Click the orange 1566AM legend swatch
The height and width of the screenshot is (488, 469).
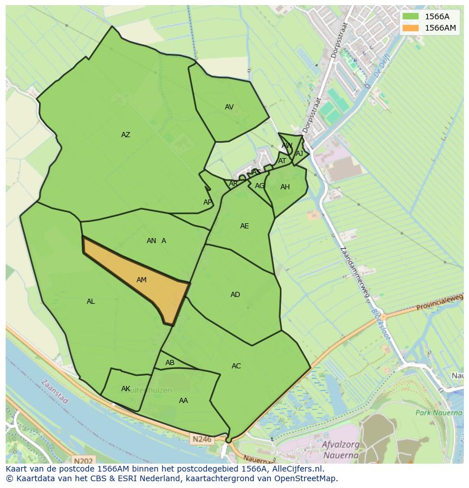[411, 28]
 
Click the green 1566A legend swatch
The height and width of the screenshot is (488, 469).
[411, 16]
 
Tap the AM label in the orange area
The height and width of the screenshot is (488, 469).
[142, 280]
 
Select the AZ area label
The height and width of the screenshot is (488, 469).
[126, 135]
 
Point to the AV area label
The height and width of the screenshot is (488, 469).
[229, 107]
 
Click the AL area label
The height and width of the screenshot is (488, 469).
[91, 302]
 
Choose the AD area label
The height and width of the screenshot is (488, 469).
[235, 295]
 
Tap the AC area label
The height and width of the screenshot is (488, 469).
[236, 366]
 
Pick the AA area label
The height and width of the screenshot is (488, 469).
[184, 401]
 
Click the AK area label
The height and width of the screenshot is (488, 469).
[126, 389]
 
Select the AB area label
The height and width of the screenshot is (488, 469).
[170, 363]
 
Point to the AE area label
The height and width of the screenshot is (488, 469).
[244, 226]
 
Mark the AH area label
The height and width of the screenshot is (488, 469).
[285, 188]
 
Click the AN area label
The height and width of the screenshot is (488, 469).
[151, 241]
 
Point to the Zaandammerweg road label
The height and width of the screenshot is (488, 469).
[355, 273]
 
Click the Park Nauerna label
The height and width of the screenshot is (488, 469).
[439, 413]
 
